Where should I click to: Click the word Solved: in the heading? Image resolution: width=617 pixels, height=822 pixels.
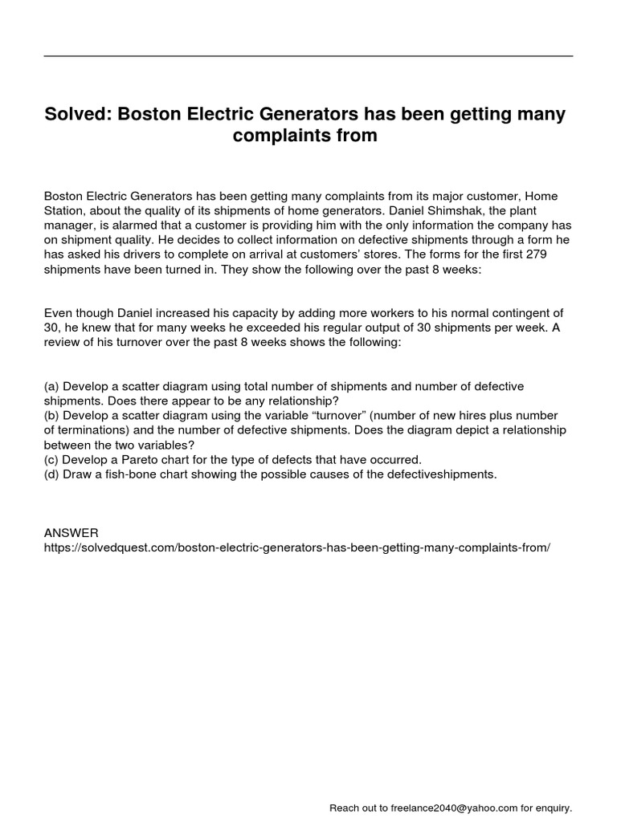point(78,115)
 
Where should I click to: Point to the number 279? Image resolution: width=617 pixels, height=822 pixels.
point(555,254)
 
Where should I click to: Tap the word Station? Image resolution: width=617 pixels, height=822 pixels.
point(65,210)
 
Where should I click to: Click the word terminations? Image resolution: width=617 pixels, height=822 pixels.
point(92,429)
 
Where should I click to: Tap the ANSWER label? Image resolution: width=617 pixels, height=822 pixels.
point(72,532)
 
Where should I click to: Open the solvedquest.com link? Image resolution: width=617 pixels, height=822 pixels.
point(297,547)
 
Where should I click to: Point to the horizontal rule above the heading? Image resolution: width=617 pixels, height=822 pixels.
point(308,56)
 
